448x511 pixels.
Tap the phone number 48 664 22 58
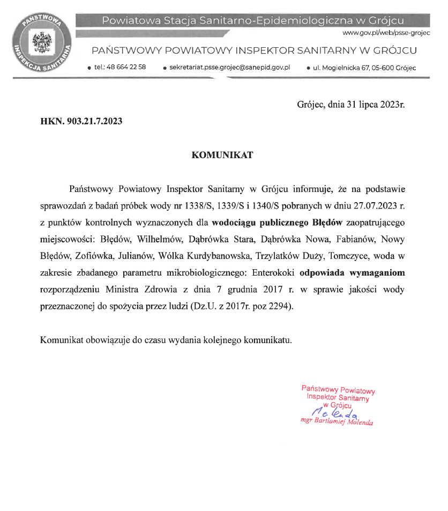tap(120, 68)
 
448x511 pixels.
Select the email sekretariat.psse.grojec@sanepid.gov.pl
tap(229, 68)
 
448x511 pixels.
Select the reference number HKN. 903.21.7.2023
tap(81, 122)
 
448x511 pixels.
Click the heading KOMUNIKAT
tap(222, 155)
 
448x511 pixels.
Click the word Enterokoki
tap(273, 272)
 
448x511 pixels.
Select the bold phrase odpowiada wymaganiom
tap(353, 272)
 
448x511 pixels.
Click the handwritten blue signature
tap(338, 412)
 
